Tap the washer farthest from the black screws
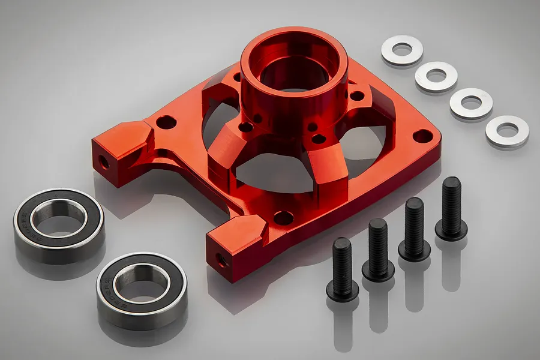tap(402, 50)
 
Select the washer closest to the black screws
tap(508, 130)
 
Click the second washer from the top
tap(436, 76)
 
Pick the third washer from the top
tap(471, 103)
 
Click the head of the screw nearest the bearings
tap(343, 290)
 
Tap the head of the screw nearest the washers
tap(451, 227)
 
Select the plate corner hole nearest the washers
tap(422, 136)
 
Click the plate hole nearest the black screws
tap(283, 218)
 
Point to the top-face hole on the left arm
tap(166, 123)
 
